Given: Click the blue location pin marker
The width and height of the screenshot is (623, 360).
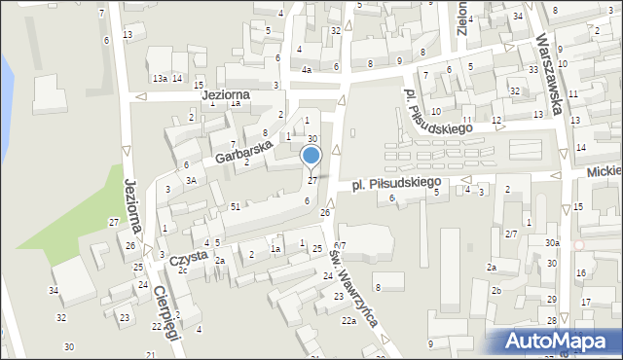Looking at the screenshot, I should [x=311, y=157].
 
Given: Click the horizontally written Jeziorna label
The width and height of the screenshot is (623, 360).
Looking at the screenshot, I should [x=226, y=95].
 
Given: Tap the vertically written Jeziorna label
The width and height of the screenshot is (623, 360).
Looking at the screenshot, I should [x=134, y=204].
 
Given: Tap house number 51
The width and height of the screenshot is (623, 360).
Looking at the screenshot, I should [x=236, y=206].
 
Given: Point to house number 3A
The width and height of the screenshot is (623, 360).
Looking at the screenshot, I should [x=192, y=180].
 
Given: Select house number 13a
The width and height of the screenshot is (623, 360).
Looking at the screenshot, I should [x=159, y=78].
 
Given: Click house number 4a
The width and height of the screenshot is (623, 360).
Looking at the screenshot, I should [x=306, y=70].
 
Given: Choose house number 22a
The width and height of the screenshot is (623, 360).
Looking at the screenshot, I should [x=348, y=320].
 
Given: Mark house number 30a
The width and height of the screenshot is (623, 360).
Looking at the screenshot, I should [x=553, y=242].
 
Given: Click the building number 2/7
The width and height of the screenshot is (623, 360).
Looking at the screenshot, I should [x=511, y=234].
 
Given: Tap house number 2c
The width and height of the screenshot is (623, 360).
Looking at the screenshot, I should [x=182, y=270].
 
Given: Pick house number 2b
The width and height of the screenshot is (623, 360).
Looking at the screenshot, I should [x=495, y=291].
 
